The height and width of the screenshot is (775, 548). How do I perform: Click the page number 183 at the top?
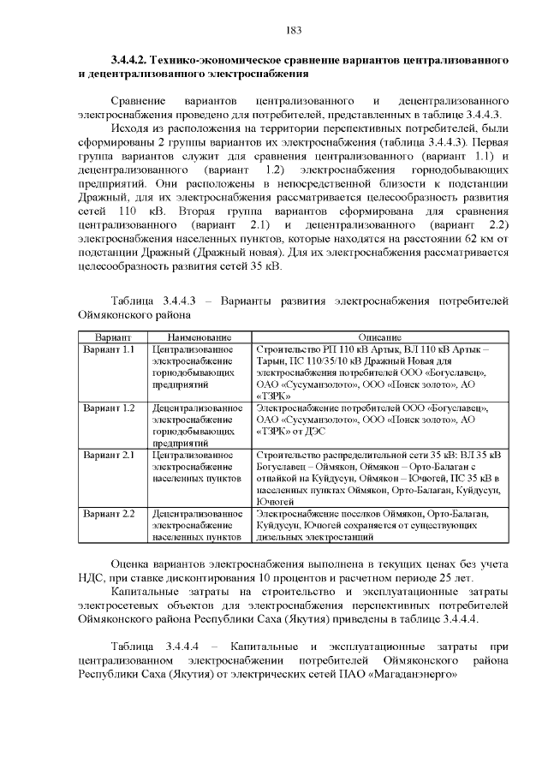tap(293, 31)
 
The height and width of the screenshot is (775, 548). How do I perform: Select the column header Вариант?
tap(112, 337)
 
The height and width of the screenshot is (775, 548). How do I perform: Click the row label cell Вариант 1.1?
tap(109, 350)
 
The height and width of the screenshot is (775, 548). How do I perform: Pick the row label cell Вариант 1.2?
tap(109, 408)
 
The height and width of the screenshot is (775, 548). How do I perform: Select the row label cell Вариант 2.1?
tap(109, 455)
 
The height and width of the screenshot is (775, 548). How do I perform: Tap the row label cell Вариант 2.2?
tap(109, 513)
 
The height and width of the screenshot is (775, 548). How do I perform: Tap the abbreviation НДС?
tap(90, 579)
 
